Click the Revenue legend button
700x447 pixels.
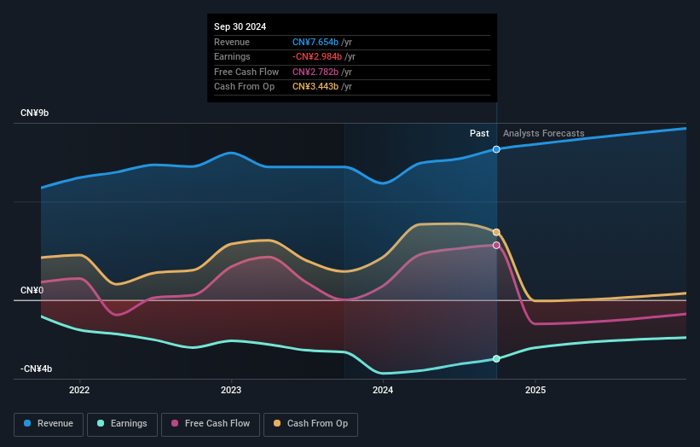point(49,423)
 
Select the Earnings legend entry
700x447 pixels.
point(124,423)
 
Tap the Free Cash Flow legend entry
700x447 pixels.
point(211,423)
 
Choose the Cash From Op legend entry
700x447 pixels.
point(311,423)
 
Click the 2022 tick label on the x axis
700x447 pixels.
point(79,391)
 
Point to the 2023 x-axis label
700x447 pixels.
point(230,391)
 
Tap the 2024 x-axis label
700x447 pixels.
point(383,391)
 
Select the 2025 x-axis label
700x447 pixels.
point(535,391)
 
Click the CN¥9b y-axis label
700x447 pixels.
point(35,113)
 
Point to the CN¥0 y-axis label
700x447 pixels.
point(32,290)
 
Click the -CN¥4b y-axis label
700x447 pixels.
point(37,369)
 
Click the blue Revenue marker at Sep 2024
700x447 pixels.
point(496,149)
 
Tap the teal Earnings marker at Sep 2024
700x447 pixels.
point(496,359)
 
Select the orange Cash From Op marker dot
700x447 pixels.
point(496,232)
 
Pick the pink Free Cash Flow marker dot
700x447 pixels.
point(496,246)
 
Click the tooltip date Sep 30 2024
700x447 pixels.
point(240,26)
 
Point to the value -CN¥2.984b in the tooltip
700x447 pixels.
point(318,56)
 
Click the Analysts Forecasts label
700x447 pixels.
point(544,133)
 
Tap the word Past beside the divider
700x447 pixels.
point(479,133)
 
